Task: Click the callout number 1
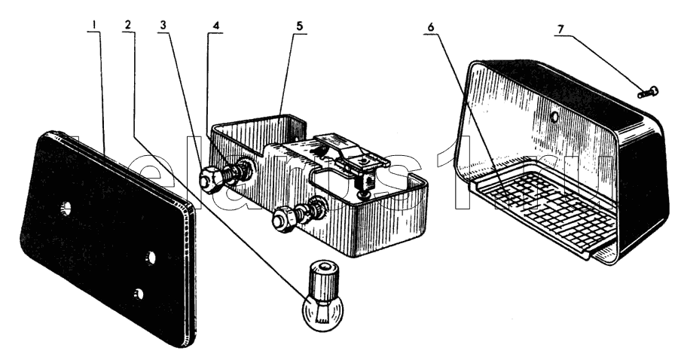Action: (x=93, y=26)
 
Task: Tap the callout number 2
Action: (x=128, y=26)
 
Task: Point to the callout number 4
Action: (x=216, y=26)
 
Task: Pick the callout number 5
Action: (x=299, y=26)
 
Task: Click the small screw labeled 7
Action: (x=646, y=93)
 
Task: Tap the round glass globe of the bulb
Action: (x=319, y=311)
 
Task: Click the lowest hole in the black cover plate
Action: (x=137, y=293)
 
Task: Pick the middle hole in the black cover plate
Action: (x=151, y=258)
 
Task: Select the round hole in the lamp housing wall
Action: (x=555, y=117)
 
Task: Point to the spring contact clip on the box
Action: (x=350, y=154)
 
